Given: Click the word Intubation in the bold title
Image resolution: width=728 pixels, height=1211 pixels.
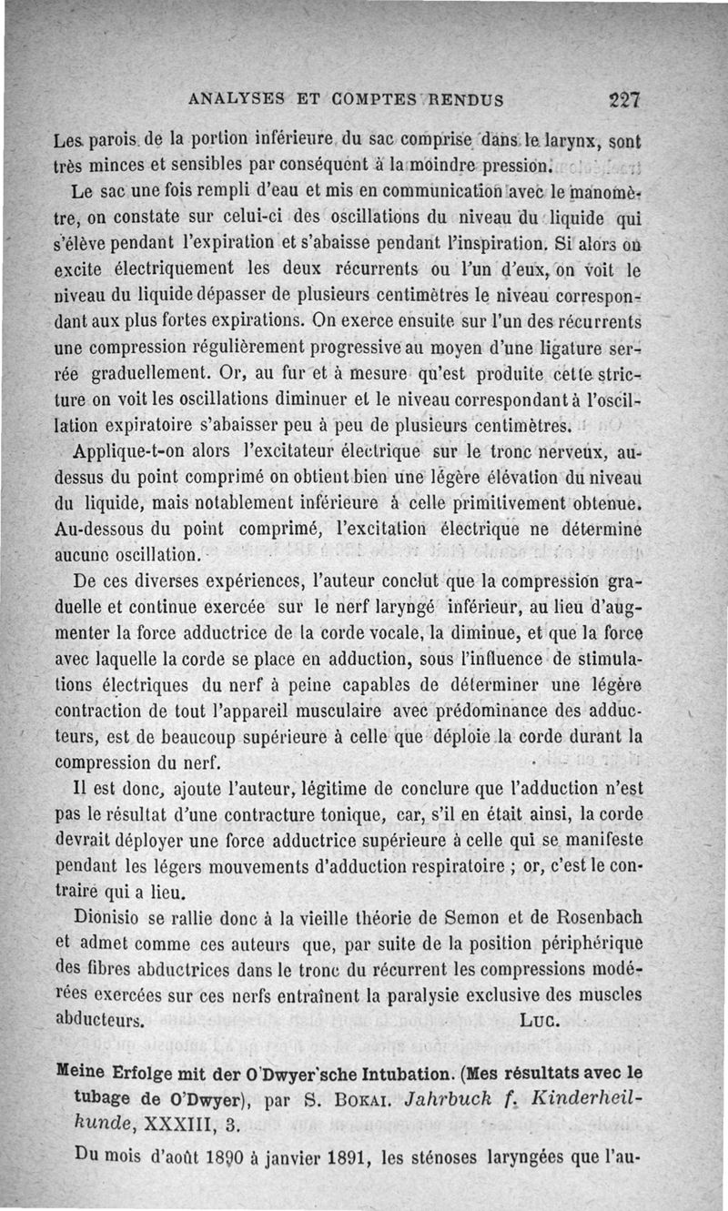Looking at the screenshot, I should [345, 1072].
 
